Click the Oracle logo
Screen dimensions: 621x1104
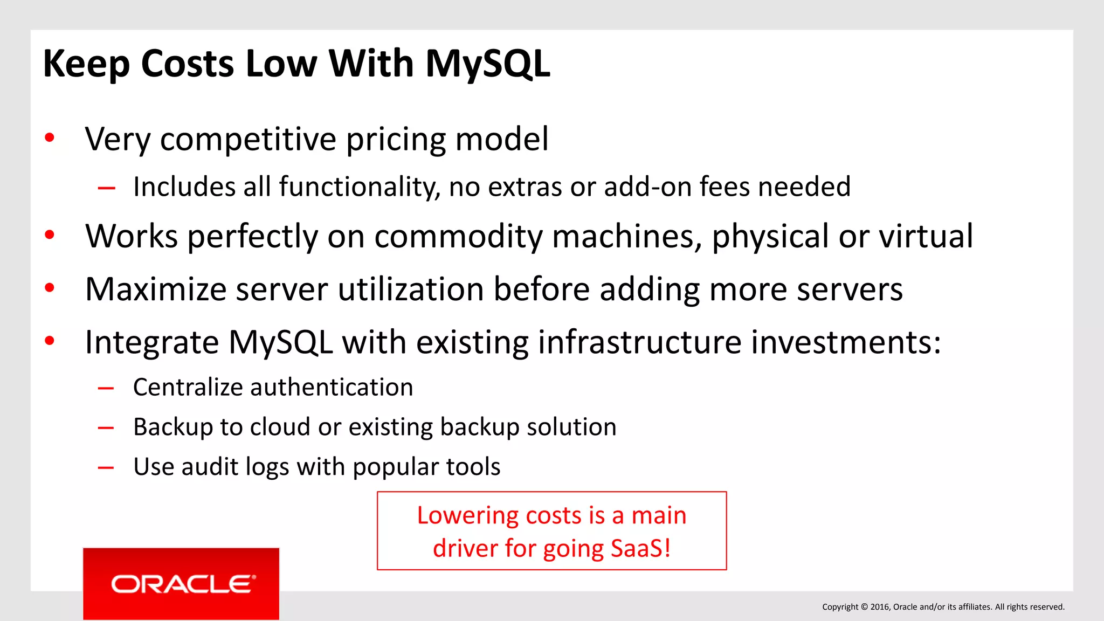181,584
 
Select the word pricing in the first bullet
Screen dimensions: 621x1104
396,140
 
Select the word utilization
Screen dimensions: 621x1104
410,289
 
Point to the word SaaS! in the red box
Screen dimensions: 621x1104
640,549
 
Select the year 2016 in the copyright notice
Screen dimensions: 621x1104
879,607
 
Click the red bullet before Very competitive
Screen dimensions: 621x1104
50,138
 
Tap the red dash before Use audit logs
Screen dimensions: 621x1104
106,467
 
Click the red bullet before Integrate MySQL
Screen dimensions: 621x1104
50,341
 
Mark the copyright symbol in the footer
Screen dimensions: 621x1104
864,607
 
